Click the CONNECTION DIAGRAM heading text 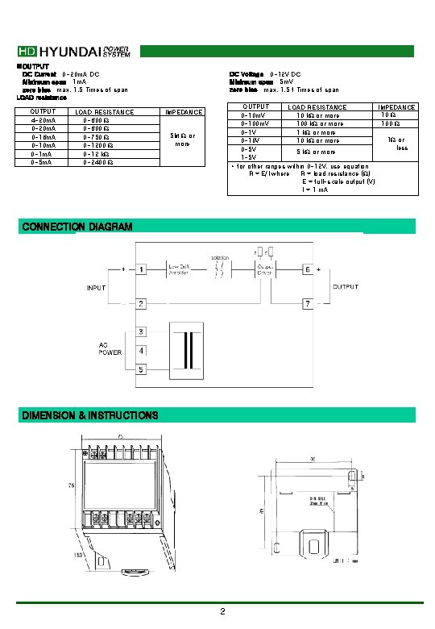coord(77,227)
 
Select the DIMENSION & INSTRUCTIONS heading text coord(89,415)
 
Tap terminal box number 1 coord(141,269)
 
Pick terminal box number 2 coord(141,303)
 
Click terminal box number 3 coord(141,332)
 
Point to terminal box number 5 coord(141,369)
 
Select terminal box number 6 coord(307,269)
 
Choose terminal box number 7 coord(307,303)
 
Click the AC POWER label coord(110,348)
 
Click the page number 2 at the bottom coord(222,612)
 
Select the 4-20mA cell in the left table coord(43,120)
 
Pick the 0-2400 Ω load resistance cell coord(98,162)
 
